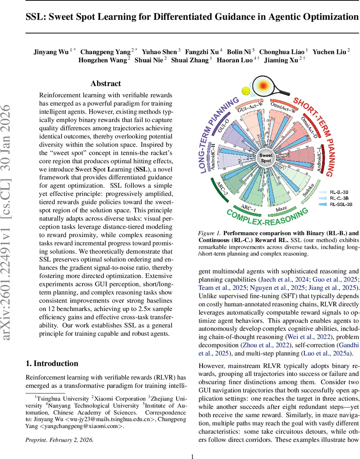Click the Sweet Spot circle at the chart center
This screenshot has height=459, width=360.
click(x=266, y=158)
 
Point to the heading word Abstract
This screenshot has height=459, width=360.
click(x=105, y=83)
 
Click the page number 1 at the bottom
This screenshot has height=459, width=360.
click(x=193, y=446)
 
